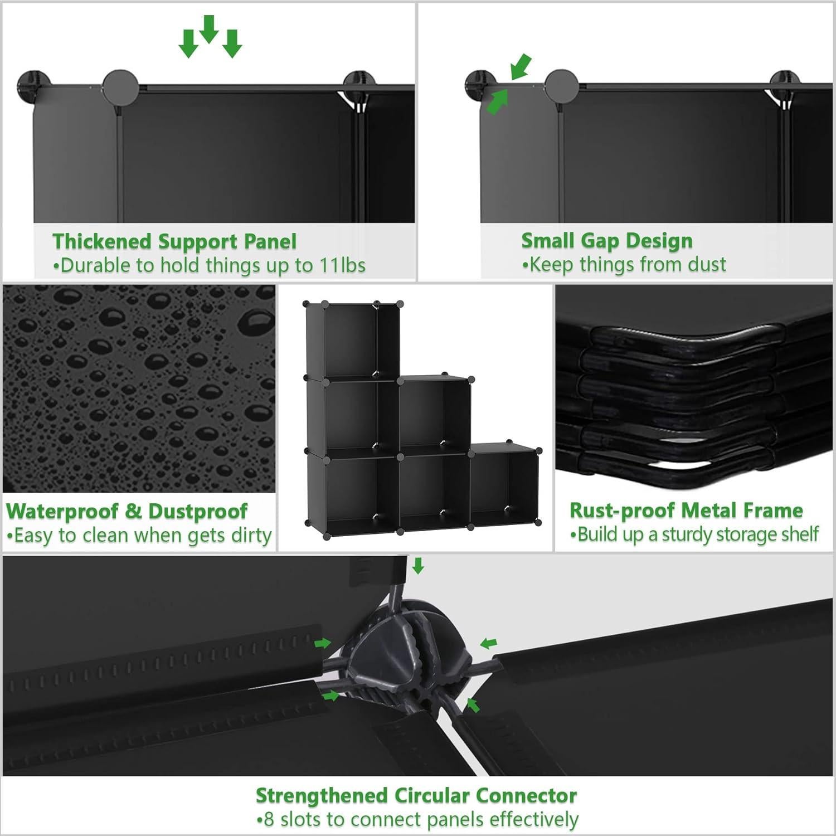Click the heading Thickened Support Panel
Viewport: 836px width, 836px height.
(174, 242)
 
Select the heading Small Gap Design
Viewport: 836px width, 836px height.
(607, 241)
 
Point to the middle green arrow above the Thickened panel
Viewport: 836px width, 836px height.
(209, 29)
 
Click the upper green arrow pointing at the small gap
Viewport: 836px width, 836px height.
(521, 66)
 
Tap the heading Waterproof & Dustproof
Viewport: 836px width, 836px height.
(127, 511)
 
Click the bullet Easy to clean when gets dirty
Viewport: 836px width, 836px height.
(139, 536)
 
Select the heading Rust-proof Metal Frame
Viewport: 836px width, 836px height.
(686, 510)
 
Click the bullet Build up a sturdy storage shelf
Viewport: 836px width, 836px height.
(694, 534)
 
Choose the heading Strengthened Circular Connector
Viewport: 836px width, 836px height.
(416, 795)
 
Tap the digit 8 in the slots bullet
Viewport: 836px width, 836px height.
(269, 820)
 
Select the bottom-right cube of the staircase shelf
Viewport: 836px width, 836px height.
(504, 487)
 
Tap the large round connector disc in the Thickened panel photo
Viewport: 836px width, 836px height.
(121, 87)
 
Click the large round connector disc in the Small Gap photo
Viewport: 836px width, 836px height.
(562, 87)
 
